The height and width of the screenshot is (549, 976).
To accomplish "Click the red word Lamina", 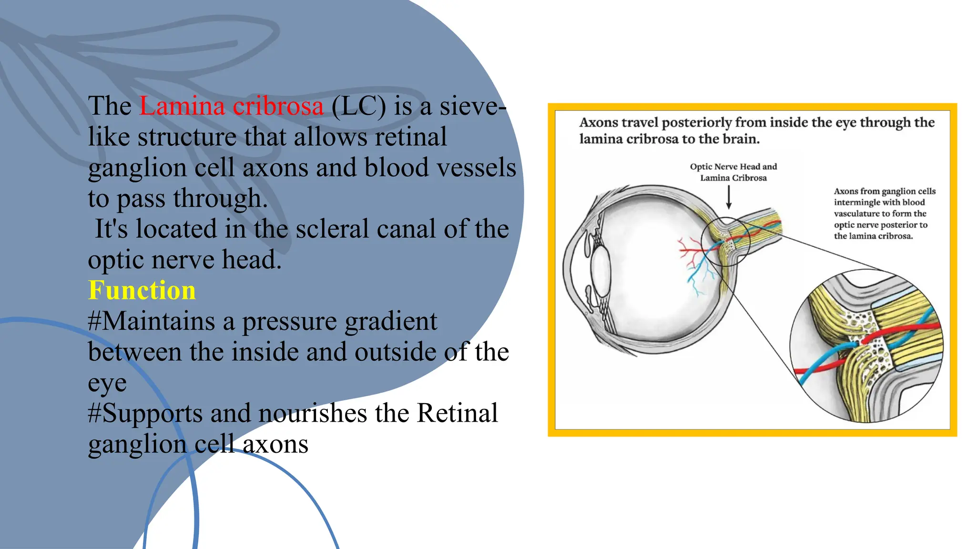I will click(182, 106).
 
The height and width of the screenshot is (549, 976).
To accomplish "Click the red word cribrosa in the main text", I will click(278, 106).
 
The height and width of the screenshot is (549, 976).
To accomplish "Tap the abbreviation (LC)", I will click(358, 106).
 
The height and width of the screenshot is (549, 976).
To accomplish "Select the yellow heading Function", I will click(142, 290).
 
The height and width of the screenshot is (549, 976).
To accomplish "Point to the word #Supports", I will click(145, 413).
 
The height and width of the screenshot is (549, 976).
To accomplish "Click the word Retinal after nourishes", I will click(457, 413).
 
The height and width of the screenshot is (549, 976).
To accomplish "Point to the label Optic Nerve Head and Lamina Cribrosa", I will click(733, 172).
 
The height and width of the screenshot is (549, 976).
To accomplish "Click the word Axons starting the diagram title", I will click(599, 123).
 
